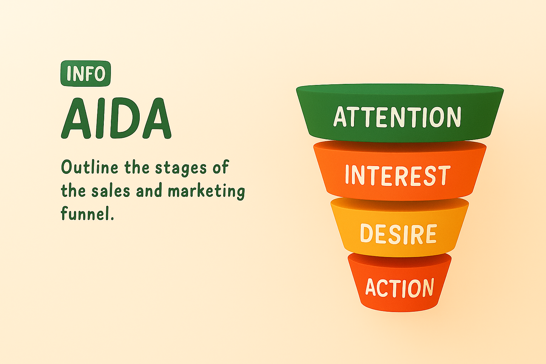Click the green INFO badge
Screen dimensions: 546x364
[86, 73]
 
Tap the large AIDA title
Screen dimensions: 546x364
[116, 118]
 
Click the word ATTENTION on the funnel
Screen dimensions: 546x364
[397, 117]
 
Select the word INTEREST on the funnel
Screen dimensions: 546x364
[398, 175]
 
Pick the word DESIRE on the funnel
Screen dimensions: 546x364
[398, 234]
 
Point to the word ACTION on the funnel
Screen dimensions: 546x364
[400, 288]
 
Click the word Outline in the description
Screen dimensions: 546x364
[90, 167]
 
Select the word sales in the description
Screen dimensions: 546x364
[111, 191]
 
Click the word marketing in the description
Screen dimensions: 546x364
[207, 192]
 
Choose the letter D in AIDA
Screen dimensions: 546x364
[125, 118]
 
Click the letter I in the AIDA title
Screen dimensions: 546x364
[101, 118]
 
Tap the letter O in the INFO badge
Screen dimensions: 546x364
[100, 74]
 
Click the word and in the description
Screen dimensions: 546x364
[149, 191]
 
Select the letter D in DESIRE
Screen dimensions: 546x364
[366, 233]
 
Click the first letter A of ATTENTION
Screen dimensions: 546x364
[340, 117]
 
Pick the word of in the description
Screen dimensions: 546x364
[221, 167]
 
